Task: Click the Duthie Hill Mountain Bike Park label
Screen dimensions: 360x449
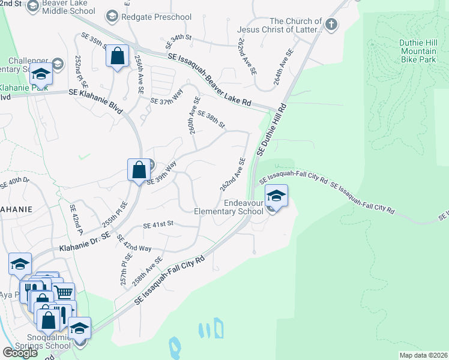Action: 418,51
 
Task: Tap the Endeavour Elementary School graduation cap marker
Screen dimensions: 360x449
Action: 276,196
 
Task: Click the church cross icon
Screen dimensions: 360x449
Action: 331,25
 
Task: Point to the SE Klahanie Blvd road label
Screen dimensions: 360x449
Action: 95,94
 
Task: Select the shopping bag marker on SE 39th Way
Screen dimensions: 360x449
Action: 139,169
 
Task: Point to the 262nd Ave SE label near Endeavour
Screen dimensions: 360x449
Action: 232,175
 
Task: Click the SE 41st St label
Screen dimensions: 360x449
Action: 158,224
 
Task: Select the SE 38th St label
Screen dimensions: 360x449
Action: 211,120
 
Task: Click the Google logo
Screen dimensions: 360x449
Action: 20,353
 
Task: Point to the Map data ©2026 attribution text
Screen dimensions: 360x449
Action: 423,355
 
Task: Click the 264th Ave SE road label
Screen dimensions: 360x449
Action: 285,66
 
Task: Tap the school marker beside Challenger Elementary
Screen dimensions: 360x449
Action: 40,74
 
